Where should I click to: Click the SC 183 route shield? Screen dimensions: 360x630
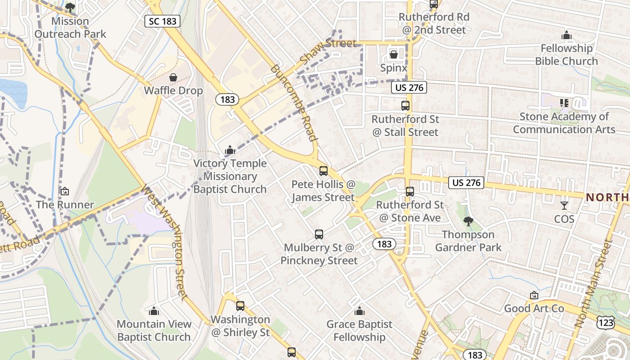(x=162, y=21)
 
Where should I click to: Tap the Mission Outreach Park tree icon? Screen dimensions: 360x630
(x=70, y=7)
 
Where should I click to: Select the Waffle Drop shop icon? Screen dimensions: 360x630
(x=173, y=77)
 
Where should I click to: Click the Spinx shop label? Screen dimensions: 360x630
(x=394, y=68)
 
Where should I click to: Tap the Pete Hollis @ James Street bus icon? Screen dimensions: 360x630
(x=323, y=171)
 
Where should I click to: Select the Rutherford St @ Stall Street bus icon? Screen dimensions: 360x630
(x=405, y=106)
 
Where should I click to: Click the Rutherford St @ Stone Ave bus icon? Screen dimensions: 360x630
(x=409, y=191)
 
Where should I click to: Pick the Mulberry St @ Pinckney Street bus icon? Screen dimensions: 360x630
(x=319, y=234)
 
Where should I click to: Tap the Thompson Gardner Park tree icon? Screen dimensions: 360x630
(x=468, y=221)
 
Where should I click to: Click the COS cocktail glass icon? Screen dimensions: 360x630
(x=564, y=206)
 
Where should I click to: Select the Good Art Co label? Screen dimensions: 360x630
(x=534, y=308)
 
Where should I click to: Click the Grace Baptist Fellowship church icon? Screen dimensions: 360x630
(x=359, y=311)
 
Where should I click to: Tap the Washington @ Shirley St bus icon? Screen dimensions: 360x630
(x=240, y=306)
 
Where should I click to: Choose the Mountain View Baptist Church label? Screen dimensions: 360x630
(x=154, y=330)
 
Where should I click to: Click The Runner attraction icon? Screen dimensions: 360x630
(x=65, y=191)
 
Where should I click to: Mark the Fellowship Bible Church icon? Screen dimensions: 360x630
(x=566, y=35)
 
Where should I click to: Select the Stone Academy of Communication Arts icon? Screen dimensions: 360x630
(x=564, y=103)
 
